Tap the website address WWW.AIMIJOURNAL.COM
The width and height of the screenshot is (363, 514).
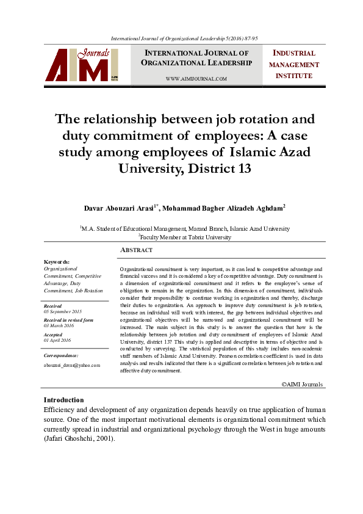point(196,79)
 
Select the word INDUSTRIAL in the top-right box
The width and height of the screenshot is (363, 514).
point(293,53)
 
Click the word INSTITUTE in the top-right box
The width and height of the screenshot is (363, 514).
point(293,76)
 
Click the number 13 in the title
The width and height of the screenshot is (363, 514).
point(242,167)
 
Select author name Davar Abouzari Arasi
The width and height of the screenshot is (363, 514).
point(120,208)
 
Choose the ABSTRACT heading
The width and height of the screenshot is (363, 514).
point(137,250)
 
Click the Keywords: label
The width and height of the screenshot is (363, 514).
point(57,261)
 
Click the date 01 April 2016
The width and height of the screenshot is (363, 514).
point(57,340)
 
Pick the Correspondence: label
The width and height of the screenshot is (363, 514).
point(61,355)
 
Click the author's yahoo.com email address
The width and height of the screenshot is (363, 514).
point(71,365)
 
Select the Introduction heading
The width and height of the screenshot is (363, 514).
point(64,400)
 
